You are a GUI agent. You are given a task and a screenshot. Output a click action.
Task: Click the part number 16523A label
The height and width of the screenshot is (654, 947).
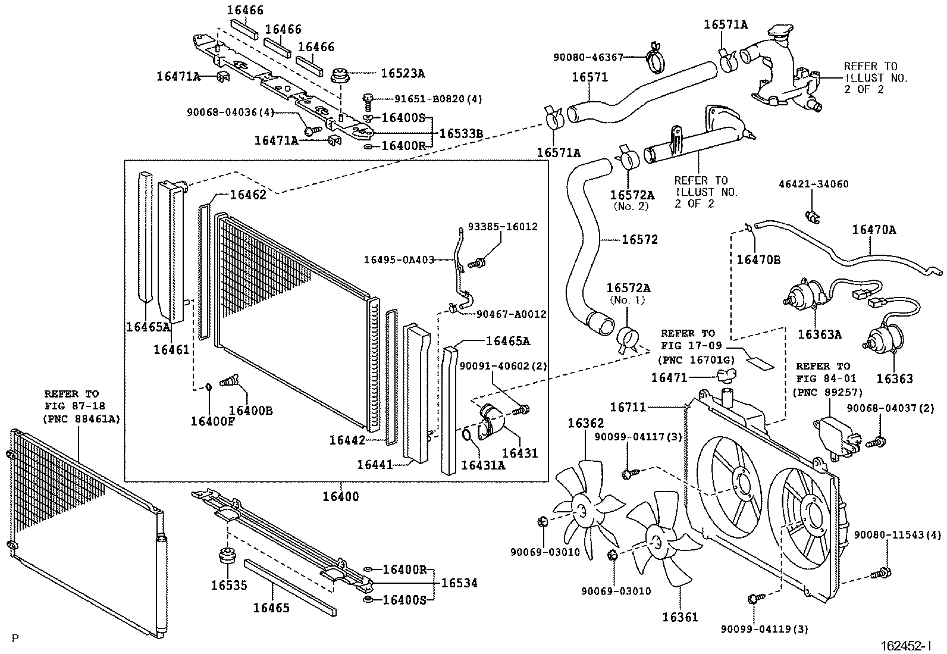(403, 73)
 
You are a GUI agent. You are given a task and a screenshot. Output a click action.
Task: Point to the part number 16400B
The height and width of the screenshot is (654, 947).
(250, 410)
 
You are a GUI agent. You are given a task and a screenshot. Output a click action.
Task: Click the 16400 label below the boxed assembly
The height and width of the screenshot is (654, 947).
(341, 496)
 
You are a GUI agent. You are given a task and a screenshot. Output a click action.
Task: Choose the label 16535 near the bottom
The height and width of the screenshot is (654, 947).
(228, 585)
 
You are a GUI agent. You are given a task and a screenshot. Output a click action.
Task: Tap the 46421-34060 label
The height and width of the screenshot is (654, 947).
(814, 184)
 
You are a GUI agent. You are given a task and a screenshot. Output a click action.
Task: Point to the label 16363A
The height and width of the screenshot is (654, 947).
(819, 334)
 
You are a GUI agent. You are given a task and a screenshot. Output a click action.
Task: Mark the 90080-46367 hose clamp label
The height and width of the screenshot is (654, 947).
(588, 57)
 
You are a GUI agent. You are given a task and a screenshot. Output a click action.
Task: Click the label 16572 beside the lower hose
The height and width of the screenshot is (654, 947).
(640, 240)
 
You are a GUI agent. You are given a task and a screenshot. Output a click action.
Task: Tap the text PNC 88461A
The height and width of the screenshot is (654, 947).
(81, 419)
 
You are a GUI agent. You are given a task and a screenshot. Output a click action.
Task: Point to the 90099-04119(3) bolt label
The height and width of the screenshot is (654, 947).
(764, 629)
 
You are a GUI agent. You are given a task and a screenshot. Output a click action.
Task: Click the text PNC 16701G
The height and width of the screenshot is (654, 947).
(697, 359)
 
